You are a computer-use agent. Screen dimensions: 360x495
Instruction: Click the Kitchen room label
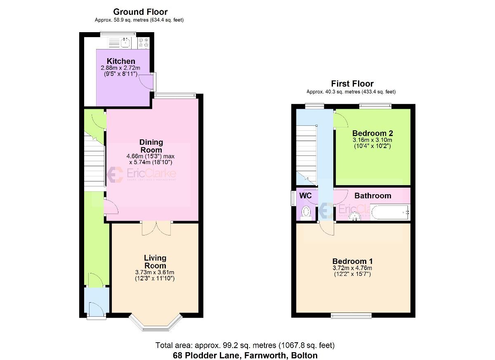(121, 61)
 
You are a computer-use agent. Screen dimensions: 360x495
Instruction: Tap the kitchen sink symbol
(125, 42)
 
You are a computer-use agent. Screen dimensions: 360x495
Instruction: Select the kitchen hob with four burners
(144, 42)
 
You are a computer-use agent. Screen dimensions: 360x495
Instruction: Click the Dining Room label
(151, 146)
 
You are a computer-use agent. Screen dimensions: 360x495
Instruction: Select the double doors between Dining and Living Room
(156, 228)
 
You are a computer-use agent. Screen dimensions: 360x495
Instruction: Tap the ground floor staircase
(94, 159)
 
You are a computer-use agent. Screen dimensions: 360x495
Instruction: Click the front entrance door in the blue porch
(96, 308)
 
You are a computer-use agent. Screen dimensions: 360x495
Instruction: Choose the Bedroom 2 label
(372, 133)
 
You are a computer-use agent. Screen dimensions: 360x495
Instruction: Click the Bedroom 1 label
(353, 261)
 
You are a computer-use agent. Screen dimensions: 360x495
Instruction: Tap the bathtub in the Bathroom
(389, 213)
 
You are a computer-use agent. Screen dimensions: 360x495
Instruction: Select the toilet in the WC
(306, 213)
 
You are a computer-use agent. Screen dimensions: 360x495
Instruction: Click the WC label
(305, 195)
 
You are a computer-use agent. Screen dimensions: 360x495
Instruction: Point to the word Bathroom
(373, 195)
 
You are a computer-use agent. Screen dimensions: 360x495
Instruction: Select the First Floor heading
(352, 84)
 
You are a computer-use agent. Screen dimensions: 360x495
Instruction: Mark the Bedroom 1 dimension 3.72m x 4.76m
(353, 268)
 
